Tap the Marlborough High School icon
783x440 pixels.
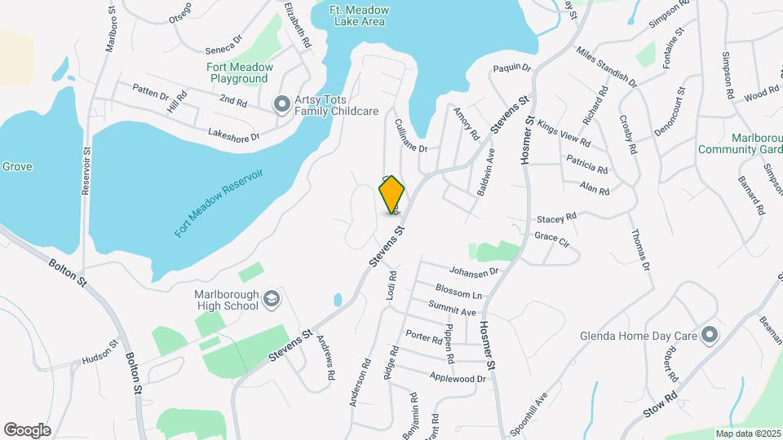point(271,302)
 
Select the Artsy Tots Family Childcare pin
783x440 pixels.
point(281,103)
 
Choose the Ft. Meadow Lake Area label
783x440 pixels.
point(360,15)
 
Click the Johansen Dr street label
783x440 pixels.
point(473,271)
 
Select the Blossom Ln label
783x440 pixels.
point(459,292)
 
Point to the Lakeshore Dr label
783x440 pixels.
point(233,134)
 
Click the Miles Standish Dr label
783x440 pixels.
point(606,68)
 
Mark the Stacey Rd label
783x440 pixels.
point(556,218)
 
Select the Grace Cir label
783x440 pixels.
point(551,238)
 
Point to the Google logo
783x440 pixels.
point(28,430)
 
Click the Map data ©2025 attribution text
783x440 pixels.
point(747,433)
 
